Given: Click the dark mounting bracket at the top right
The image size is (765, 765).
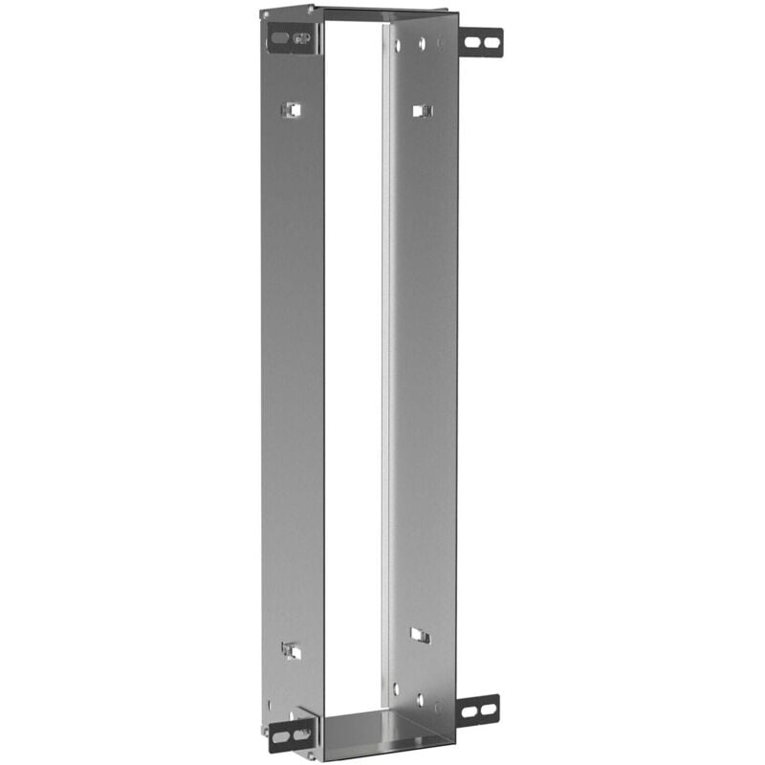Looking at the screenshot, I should [x=480, y=41].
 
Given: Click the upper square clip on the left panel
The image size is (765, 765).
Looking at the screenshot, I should [x=291, y=110].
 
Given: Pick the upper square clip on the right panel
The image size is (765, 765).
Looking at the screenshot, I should [x=421, y=111].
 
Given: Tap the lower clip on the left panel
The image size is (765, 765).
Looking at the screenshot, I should [x=292, y=650].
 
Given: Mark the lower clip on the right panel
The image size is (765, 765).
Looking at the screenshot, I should [x=420, y=635].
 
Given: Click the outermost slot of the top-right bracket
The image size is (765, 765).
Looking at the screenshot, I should [x=491, y=42].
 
